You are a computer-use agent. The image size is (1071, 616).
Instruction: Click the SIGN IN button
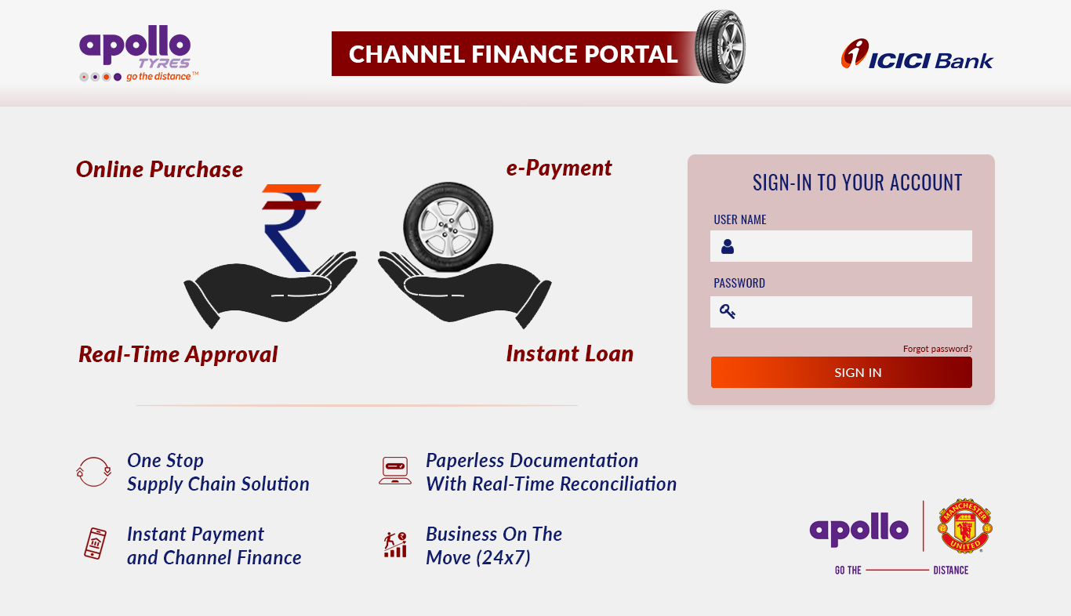[841, 372]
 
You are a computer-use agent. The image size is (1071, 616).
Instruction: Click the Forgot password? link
[937, 349]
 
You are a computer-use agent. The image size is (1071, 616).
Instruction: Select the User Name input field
[841, 246]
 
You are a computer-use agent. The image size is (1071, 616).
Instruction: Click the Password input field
[841, 312]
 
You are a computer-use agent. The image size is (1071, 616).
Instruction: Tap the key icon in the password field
[728, 312]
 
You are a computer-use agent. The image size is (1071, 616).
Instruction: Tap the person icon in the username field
[728, 246]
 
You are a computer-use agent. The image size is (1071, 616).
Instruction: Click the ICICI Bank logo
[917, 54]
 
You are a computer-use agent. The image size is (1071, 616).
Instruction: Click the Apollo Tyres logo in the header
[139, 53]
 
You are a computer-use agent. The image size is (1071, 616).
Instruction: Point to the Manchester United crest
[965, 526]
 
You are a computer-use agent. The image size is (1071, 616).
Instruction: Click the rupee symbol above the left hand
[289, 227]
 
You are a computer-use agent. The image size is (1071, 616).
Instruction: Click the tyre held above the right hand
[448, 227]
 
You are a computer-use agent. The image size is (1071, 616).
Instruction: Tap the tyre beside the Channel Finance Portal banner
[720, 46]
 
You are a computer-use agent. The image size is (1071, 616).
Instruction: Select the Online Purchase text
[159, 169]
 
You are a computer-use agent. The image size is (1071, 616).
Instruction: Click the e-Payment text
[559, 168]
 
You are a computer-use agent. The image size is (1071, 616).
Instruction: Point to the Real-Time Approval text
[178, 354]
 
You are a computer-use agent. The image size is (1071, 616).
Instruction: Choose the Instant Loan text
[570, 353]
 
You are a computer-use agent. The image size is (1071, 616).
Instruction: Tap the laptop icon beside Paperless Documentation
[395, 471]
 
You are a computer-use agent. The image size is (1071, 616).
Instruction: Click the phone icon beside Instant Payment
[95, 543]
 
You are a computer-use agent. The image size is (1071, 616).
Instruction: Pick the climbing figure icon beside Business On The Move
[395, 545]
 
